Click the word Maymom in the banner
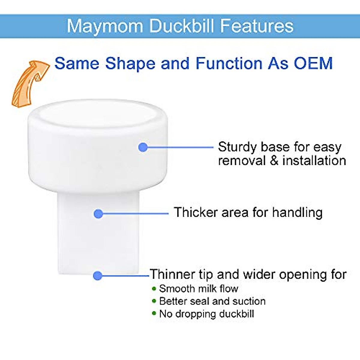tap(105, 26)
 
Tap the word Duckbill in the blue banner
tap(181, 26)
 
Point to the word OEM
tap(313, 63)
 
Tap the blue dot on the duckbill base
tap(143, 147)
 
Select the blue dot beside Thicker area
tap(98, 214)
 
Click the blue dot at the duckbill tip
tap(98, 276)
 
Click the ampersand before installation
tap(274, 161)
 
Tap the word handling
tap(297, 213)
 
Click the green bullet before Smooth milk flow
tap(154, 289)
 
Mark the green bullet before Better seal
tap(154, 301)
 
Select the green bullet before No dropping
tap(154, 313)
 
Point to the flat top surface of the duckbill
tap(98, 114)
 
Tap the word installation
tap(314, 161)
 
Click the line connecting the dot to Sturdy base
tap(181, 147)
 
